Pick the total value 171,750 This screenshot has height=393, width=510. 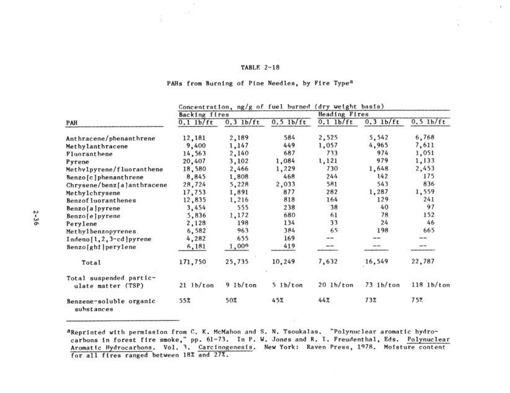(188, 263)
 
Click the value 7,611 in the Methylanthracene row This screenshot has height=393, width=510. (434, 145)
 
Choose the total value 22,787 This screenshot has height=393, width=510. (433, 263)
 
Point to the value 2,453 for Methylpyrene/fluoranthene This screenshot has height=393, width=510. (434, 169)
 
